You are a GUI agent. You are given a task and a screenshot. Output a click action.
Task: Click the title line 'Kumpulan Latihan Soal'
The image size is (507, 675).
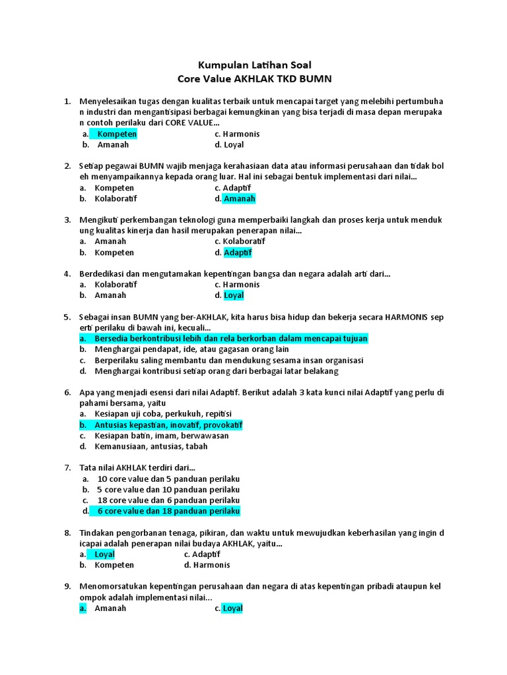254,65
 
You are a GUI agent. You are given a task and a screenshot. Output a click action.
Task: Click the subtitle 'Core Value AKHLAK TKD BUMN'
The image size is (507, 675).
254,79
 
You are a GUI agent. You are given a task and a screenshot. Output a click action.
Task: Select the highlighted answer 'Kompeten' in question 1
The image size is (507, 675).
117,134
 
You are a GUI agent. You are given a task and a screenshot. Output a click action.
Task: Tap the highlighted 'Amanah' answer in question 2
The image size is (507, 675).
239,198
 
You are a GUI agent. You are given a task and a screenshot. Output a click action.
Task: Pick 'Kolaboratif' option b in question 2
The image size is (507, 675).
116,198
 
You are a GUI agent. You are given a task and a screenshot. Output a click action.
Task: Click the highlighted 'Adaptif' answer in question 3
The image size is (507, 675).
238,252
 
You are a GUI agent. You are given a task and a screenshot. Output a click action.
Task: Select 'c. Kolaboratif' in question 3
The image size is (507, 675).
243,242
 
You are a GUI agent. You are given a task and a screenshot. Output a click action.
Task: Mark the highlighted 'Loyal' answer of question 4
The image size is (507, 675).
234,295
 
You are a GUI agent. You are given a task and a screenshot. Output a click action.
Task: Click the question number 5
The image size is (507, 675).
67,317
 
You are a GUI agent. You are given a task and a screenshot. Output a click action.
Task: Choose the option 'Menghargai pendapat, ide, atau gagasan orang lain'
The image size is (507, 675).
192,349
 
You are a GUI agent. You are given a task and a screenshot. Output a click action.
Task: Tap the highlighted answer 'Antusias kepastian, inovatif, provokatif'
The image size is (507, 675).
168,425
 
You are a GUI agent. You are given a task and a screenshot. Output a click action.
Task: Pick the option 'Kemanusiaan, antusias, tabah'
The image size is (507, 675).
151,446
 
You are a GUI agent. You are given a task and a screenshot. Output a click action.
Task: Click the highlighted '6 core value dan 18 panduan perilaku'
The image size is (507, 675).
168,511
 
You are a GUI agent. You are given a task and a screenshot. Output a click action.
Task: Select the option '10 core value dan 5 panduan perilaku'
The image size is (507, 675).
168,479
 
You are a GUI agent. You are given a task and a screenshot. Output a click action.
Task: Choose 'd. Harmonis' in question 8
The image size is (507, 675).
207,565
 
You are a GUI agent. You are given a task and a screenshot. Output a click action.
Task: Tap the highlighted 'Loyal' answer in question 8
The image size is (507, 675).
104,554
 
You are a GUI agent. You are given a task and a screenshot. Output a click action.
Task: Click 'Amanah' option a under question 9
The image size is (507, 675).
110,608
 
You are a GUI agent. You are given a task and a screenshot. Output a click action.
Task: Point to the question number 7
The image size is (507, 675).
67,467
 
